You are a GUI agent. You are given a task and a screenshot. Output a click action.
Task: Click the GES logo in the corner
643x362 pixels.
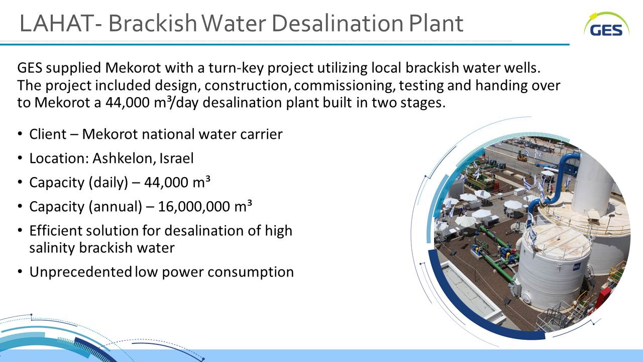606,24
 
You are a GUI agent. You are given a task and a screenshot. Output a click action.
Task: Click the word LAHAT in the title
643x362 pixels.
56,23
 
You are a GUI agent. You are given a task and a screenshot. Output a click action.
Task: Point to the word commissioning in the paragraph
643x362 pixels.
344,85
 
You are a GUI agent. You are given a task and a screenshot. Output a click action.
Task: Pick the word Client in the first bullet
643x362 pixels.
48,134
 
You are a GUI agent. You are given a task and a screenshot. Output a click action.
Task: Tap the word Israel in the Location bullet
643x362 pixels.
176,158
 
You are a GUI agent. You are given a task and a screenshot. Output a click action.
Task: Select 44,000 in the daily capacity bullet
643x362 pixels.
166,183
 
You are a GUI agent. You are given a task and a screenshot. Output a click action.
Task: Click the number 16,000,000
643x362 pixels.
194,207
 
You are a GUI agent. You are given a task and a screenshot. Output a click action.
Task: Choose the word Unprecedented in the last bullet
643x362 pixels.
80,272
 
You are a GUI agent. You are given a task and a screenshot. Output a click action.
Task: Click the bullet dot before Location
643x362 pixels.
20,158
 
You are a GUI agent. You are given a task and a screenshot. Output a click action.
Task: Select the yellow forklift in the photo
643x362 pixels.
522,155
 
